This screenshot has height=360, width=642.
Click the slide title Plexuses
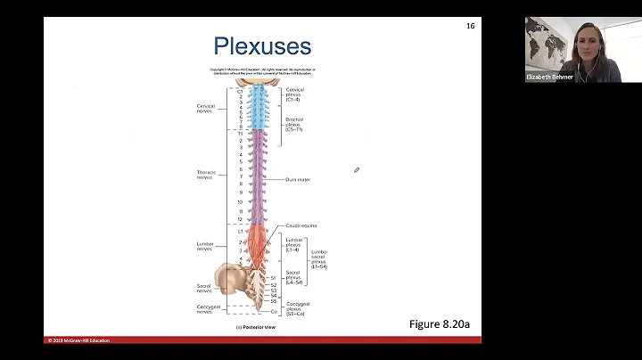tap(262, 46)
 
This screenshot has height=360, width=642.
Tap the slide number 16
tap(470, 26)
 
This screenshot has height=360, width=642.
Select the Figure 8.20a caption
tap(438, 324)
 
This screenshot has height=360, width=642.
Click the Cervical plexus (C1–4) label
tap(295, 94)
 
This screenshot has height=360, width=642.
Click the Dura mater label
tap(297, 180)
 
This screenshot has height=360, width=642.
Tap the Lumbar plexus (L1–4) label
tap(295, 244)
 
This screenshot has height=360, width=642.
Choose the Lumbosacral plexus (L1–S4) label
tap(319, 258)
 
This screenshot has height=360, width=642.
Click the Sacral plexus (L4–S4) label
tap(294, 278)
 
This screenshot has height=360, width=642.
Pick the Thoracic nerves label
tap(206, 175)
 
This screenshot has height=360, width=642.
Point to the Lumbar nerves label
tap(205, 246)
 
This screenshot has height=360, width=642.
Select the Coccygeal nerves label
tap(205, 309)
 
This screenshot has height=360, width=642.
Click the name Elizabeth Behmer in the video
tap(550, 77)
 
